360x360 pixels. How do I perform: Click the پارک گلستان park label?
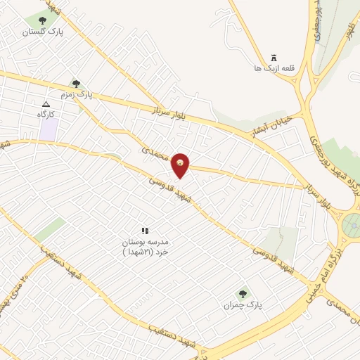click(x=43, y=32)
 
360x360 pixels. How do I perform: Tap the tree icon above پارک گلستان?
click(x=43, y=21)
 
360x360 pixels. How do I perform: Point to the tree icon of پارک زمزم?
click(x=76, y=84)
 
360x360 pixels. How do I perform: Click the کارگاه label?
click(x=46, y=113)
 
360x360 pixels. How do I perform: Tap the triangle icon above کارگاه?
click(x=46, y=103)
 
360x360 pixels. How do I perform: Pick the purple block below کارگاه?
click(x=48, y=129)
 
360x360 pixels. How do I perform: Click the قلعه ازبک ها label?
click(x=274, y=69)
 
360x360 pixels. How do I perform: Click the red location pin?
click(x=181, y=166)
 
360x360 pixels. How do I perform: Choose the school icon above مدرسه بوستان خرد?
click(x=146, y=230)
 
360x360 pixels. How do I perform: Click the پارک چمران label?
click(x=243, y=305)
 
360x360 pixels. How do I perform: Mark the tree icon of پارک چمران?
click(x=243, y=294)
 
